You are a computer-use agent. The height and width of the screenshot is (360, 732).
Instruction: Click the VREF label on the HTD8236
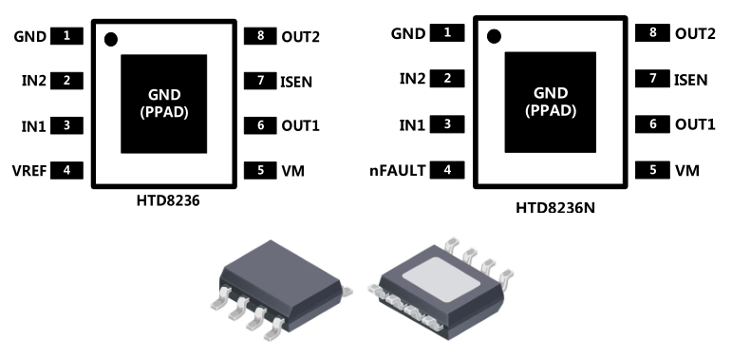[x=29, y=171]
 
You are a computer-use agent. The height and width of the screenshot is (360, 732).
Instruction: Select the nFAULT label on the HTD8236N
[x=398, y=170]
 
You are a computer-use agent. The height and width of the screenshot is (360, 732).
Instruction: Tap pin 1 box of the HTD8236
[x=66, y=36]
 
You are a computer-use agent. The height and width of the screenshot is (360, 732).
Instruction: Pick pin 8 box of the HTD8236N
[x=652, y=32]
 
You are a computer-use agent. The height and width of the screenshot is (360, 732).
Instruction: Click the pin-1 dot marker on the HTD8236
[x=111, y=40]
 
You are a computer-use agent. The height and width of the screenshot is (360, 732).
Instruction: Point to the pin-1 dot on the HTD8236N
[x=494, y=36]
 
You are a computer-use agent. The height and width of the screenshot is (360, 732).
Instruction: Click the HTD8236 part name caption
[x=168, y=200]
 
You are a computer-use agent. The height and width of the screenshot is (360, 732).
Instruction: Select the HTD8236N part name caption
[x=555, y=208]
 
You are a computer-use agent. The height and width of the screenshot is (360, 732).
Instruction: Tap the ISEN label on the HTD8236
[x=296, y=83]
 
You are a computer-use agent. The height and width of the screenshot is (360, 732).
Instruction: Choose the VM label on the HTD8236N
[x=687, y=171]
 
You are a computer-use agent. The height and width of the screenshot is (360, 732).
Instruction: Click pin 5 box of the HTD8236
[x=260, y=170]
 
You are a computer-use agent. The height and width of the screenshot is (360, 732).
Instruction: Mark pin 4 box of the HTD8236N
[x=447, y=170]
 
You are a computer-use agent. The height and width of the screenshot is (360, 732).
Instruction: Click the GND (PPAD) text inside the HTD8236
[x=164, y=104]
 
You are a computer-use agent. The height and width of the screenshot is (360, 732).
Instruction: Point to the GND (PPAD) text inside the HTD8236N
[x=551, y=102]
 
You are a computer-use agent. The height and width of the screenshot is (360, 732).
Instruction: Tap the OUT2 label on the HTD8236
[x=301, y=37]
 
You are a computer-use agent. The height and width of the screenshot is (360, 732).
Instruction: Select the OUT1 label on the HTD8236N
[x=695, y=124]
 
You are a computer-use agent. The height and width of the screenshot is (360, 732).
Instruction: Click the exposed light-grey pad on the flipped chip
[x=441, y=279]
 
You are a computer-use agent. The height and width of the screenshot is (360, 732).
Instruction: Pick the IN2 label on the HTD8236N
[x=413, y=79]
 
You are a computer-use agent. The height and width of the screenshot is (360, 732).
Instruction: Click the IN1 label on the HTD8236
[x=34, y=126]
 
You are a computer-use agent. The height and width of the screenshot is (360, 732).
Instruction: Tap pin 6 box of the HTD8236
[x=260, y=125]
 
